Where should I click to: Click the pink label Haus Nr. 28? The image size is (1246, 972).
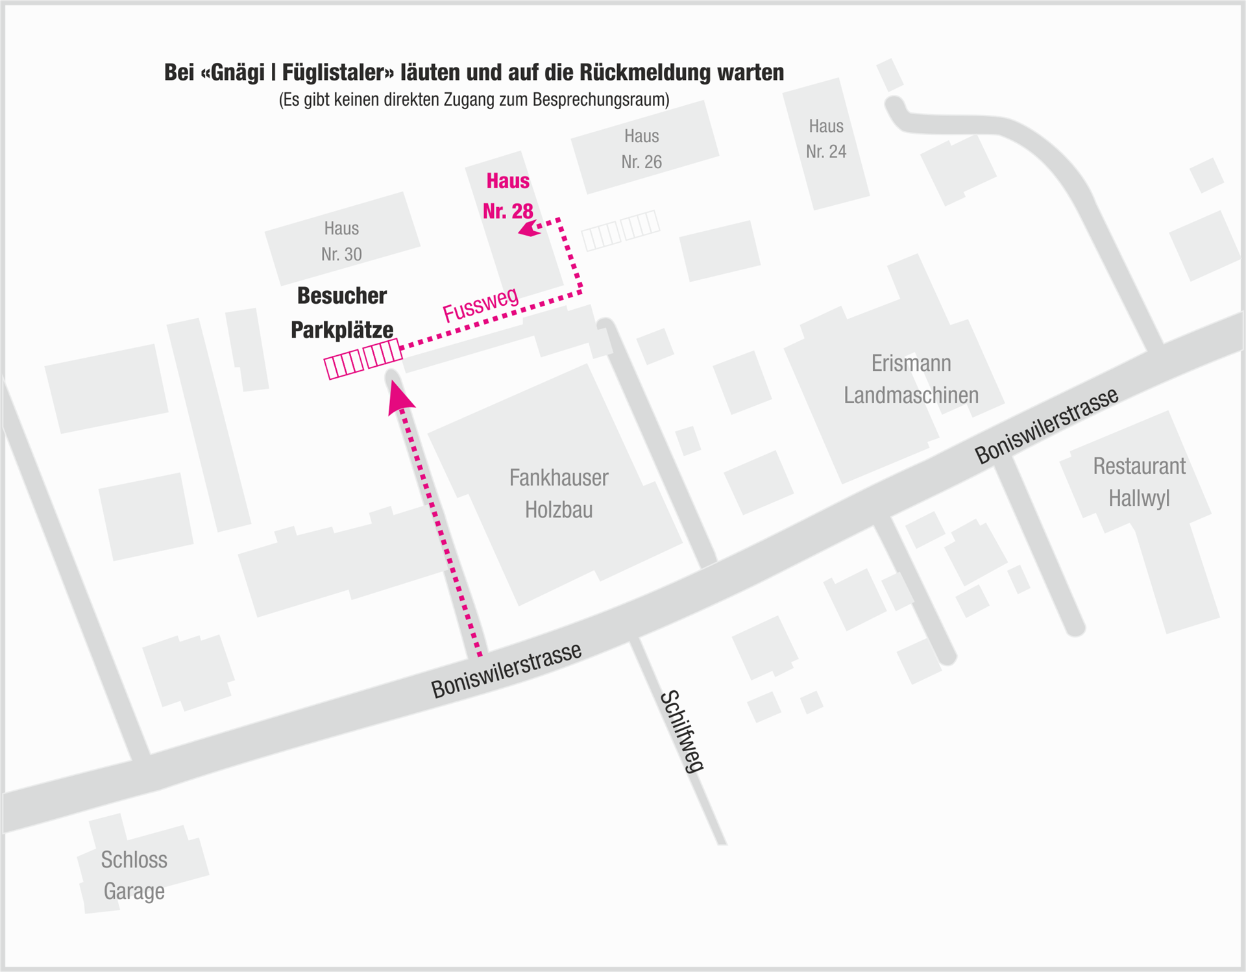[508, 196]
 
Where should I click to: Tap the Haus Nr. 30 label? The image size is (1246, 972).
[341, 241]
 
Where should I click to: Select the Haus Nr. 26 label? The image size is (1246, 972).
[641, 149]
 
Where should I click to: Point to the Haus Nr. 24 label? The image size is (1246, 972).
[826, 138]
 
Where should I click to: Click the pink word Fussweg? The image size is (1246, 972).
[481, 304]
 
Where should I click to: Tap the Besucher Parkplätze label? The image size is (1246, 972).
[342, 312]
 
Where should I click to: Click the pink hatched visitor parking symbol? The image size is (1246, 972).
[363, 358]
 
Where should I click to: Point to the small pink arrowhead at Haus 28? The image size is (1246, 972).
[530, 229]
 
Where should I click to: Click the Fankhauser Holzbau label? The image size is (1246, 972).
[559, 493]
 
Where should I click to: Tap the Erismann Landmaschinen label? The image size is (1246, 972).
[911, 379]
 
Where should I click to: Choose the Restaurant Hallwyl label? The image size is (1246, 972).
[1139, 482]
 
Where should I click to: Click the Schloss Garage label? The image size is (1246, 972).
[134, 875]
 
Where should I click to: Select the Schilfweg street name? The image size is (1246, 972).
[682, 731]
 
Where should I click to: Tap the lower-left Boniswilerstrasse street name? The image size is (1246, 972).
[506, 671]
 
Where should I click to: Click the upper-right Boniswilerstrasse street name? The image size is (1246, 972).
[1047, 425]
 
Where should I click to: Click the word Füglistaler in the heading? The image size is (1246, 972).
[337, 73]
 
